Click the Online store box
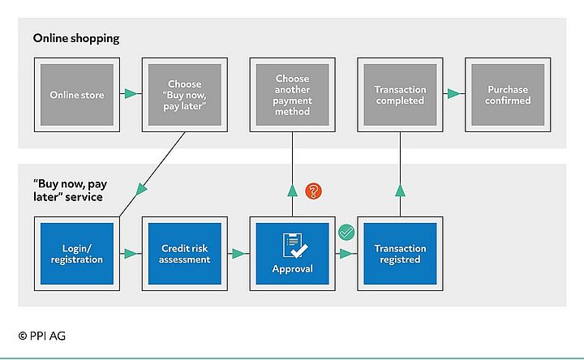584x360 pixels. (76, 95)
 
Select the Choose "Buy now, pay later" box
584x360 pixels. (184, 95)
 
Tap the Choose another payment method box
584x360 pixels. (292, 95)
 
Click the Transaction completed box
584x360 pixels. (400, 95)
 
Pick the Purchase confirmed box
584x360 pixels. (508, 95)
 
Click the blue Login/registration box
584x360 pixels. (76, 254)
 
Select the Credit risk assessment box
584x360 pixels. (184, 254)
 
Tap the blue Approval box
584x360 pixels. (292, 254)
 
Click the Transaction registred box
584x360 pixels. (400, 254)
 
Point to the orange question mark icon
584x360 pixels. (314, 191)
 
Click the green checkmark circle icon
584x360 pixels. (346, 234)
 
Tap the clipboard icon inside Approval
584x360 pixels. (292, 244)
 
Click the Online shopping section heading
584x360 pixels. (75, 38)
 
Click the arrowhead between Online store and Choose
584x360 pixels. (129, 95)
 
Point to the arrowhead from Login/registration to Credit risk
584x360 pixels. (129, 254)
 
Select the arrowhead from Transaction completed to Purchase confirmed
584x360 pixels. (453, 95)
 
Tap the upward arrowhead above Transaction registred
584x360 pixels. (400, 191)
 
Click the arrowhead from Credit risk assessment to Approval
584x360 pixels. (238, 254)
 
